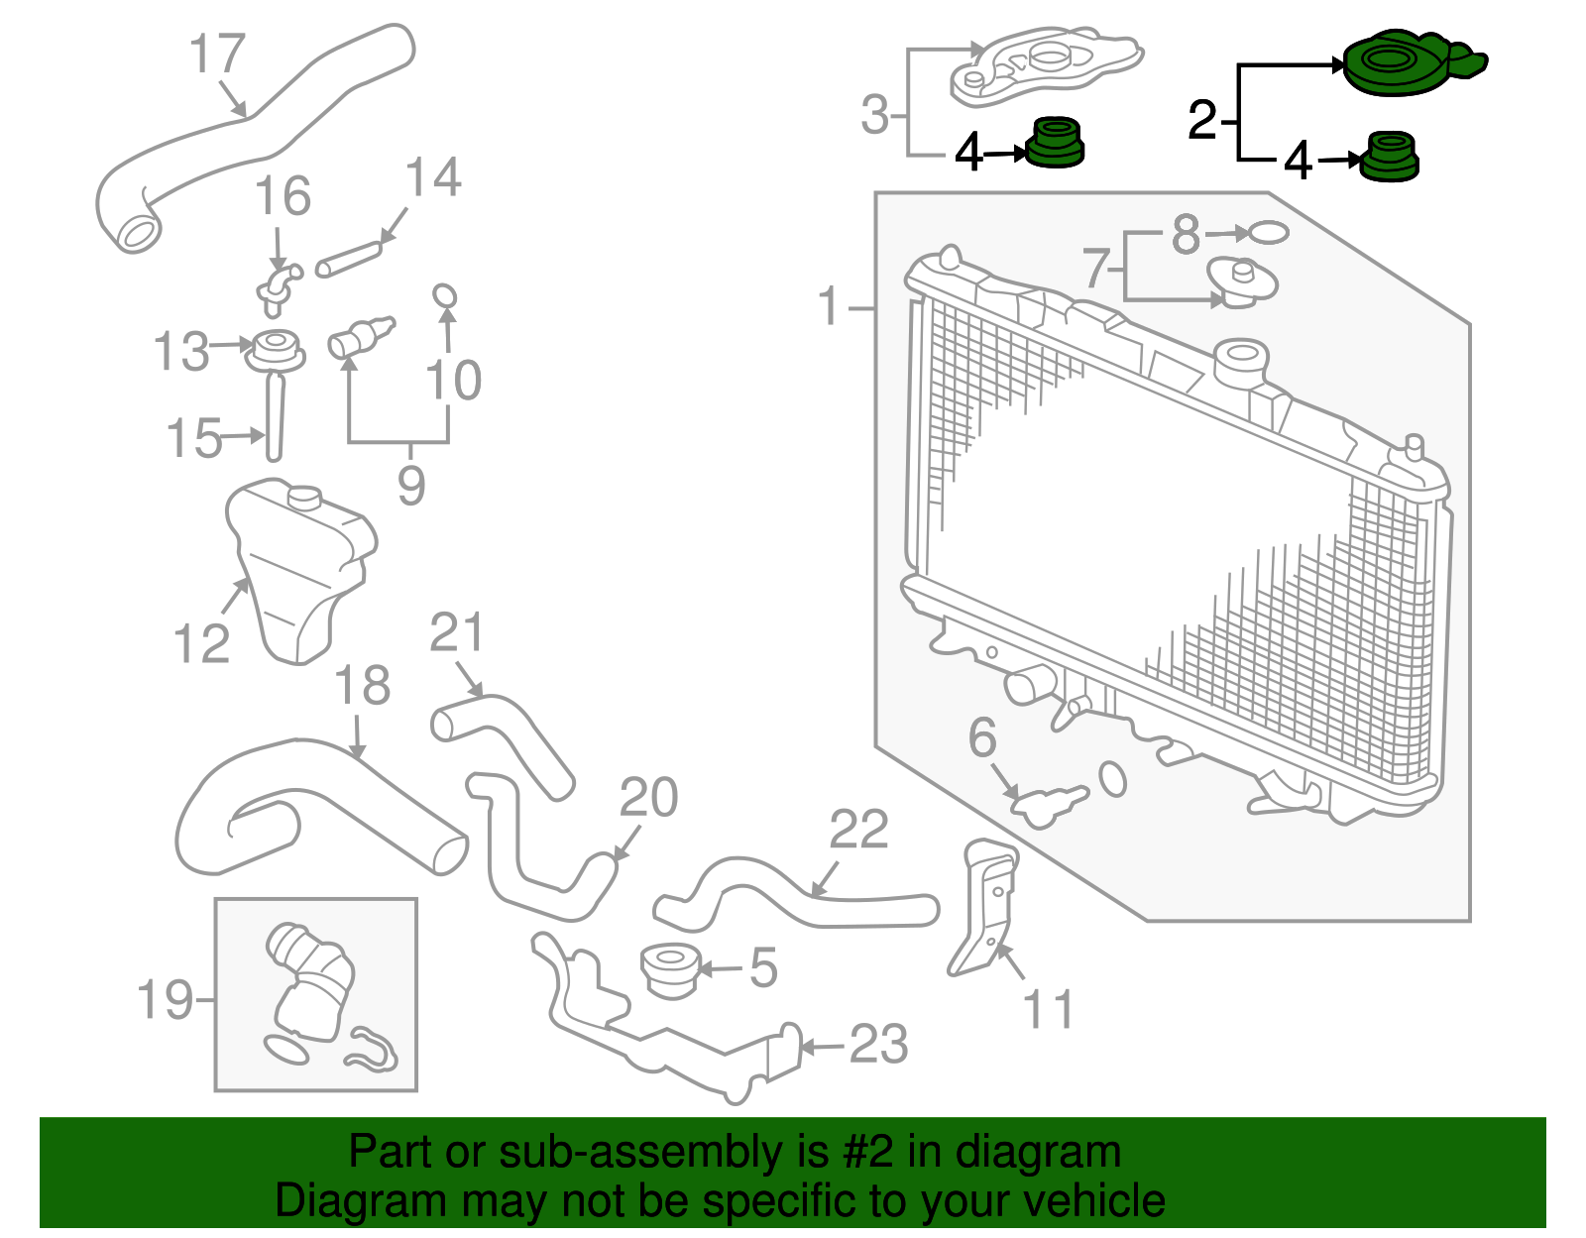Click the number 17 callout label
pos(217,54)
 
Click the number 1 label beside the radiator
pos(830,307)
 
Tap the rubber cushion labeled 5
pos(670,969)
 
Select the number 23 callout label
pos(878,1045)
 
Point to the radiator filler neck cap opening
pos(1241,357)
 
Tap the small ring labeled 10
pos(445,295)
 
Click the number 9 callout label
pos(411,486)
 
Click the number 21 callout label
pos(457,633)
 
